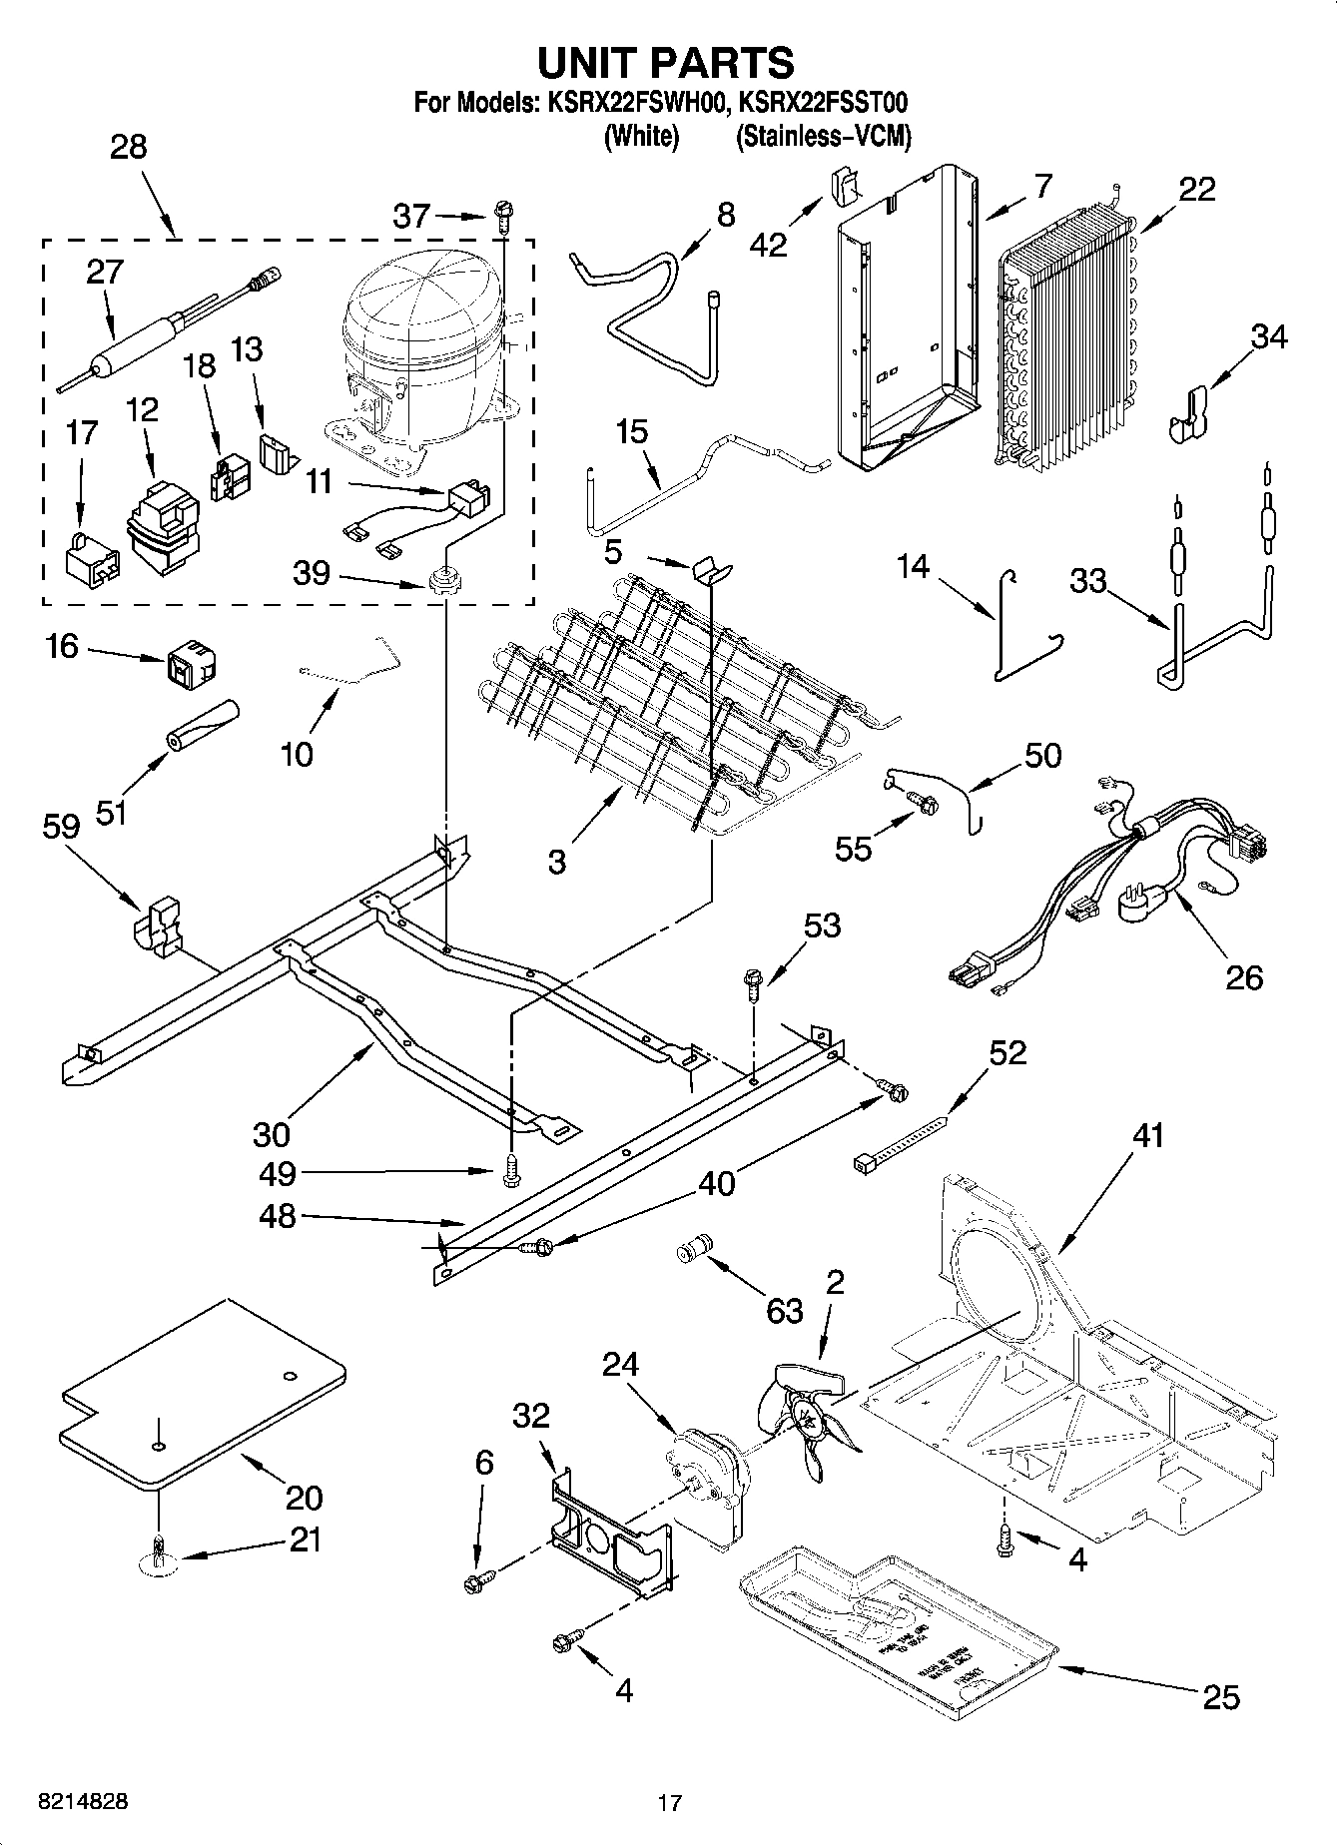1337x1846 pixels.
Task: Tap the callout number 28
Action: (129, 148)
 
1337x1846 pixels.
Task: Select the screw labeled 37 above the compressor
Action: (502, 212)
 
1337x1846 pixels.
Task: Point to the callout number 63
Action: (785, 1310)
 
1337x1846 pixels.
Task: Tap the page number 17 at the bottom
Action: (669, 1803)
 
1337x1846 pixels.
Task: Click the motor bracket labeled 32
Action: (608, 1529)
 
